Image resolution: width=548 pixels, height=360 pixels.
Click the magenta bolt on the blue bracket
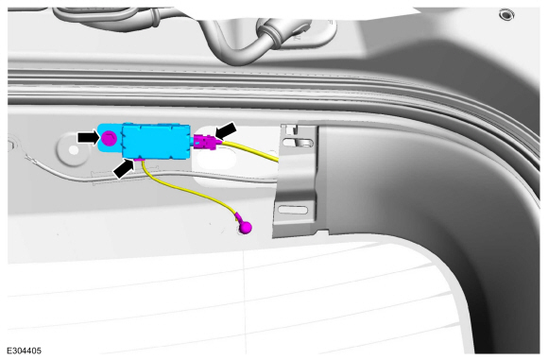pyautogui.click(x=110, y=138)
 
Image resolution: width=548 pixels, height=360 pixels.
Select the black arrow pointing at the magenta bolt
pyautogui.click(x=89, y=137)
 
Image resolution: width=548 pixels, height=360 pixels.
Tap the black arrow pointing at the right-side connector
pyautogui.click(x=226, y=130)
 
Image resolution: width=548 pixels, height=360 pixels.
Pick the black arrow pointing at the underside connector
pyautogui.click(x=124, y=168)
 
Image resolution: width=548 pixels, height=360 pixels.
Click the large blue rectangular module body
pyautogui.click(x=156, y=141)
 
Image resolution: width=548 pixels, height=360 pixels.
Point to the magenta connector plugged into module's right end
pyautogui.click(x=206, y=142)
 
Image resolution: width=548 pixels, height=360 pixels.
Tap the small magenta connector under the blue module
pyautogui.click(x=140, y=160)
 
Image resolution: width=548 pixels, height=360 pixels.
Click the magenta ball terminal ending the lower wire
pyautogui.click(x=246, y=228)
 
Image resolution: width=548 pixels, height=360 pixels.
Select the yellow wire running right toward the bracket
pyautogui.click(x=250, y=150)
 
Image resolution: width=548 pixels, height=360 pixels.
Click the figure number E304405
pyautogui.click(x=25, y=351)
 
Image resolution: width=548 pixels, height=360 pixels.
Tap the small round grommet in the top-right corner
pyautogui.click(x=506, y=15)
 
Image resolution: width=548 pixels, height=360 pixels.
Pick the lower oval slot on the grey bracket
pyautogui.click(x=293, y=210)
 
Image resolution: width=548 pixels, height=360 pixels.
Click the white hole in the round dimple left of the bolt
pyautogui.click(x=74, y=150)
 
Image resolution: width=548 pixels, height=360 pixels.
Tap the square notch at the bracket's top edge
pyautogui.click(x=290, y=129)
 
